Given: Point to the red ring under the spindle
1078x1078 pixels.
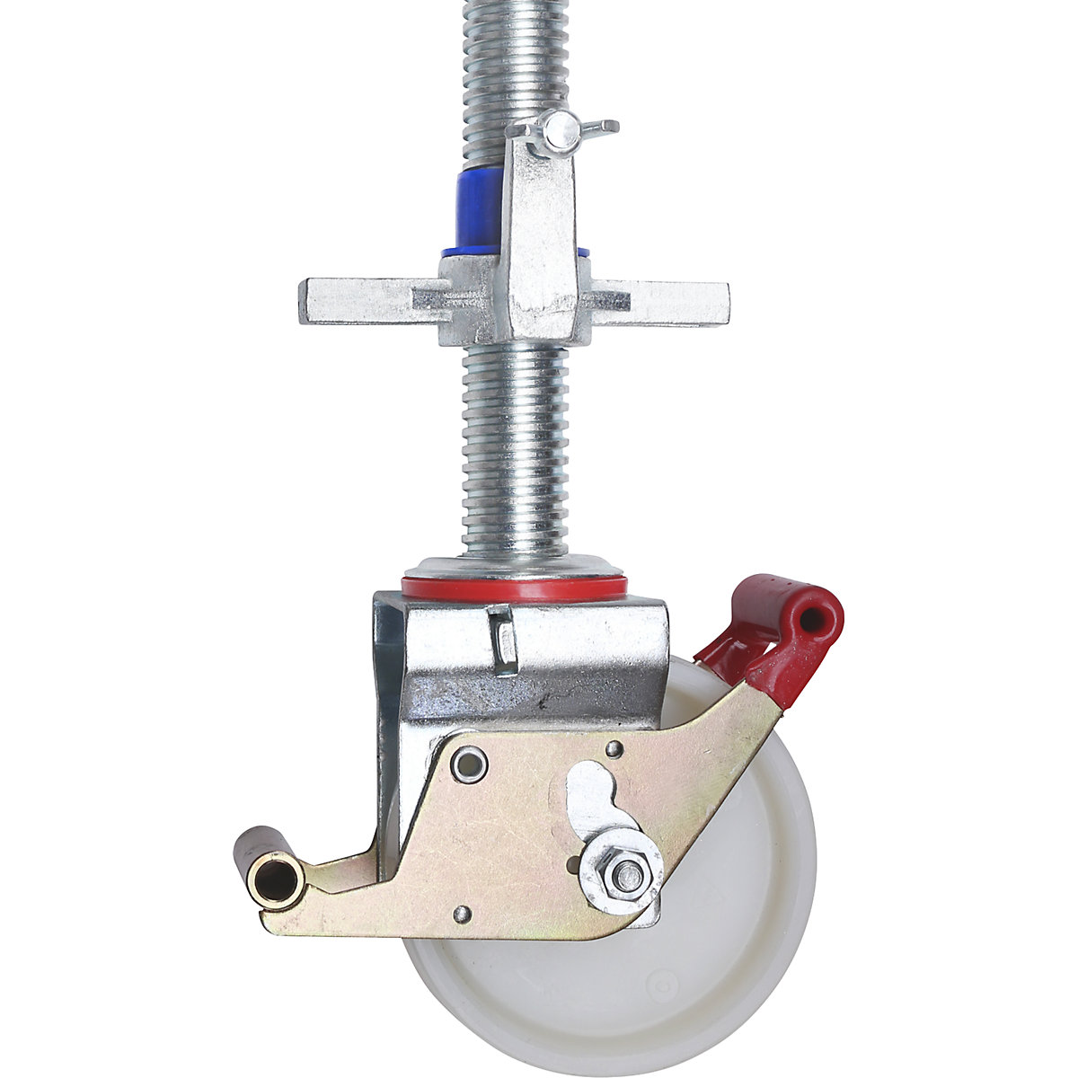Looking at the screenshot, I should (x=514, y=589).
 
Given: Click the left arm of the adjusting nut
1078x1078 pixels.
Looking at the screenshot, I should (x=359, y=302).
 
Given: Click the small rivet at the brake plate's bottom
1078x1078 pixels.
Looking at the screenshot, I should (x=462, y=914).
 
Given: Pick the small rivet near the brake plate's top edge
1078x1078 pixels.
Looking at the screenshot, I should (x=614, y=747).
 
